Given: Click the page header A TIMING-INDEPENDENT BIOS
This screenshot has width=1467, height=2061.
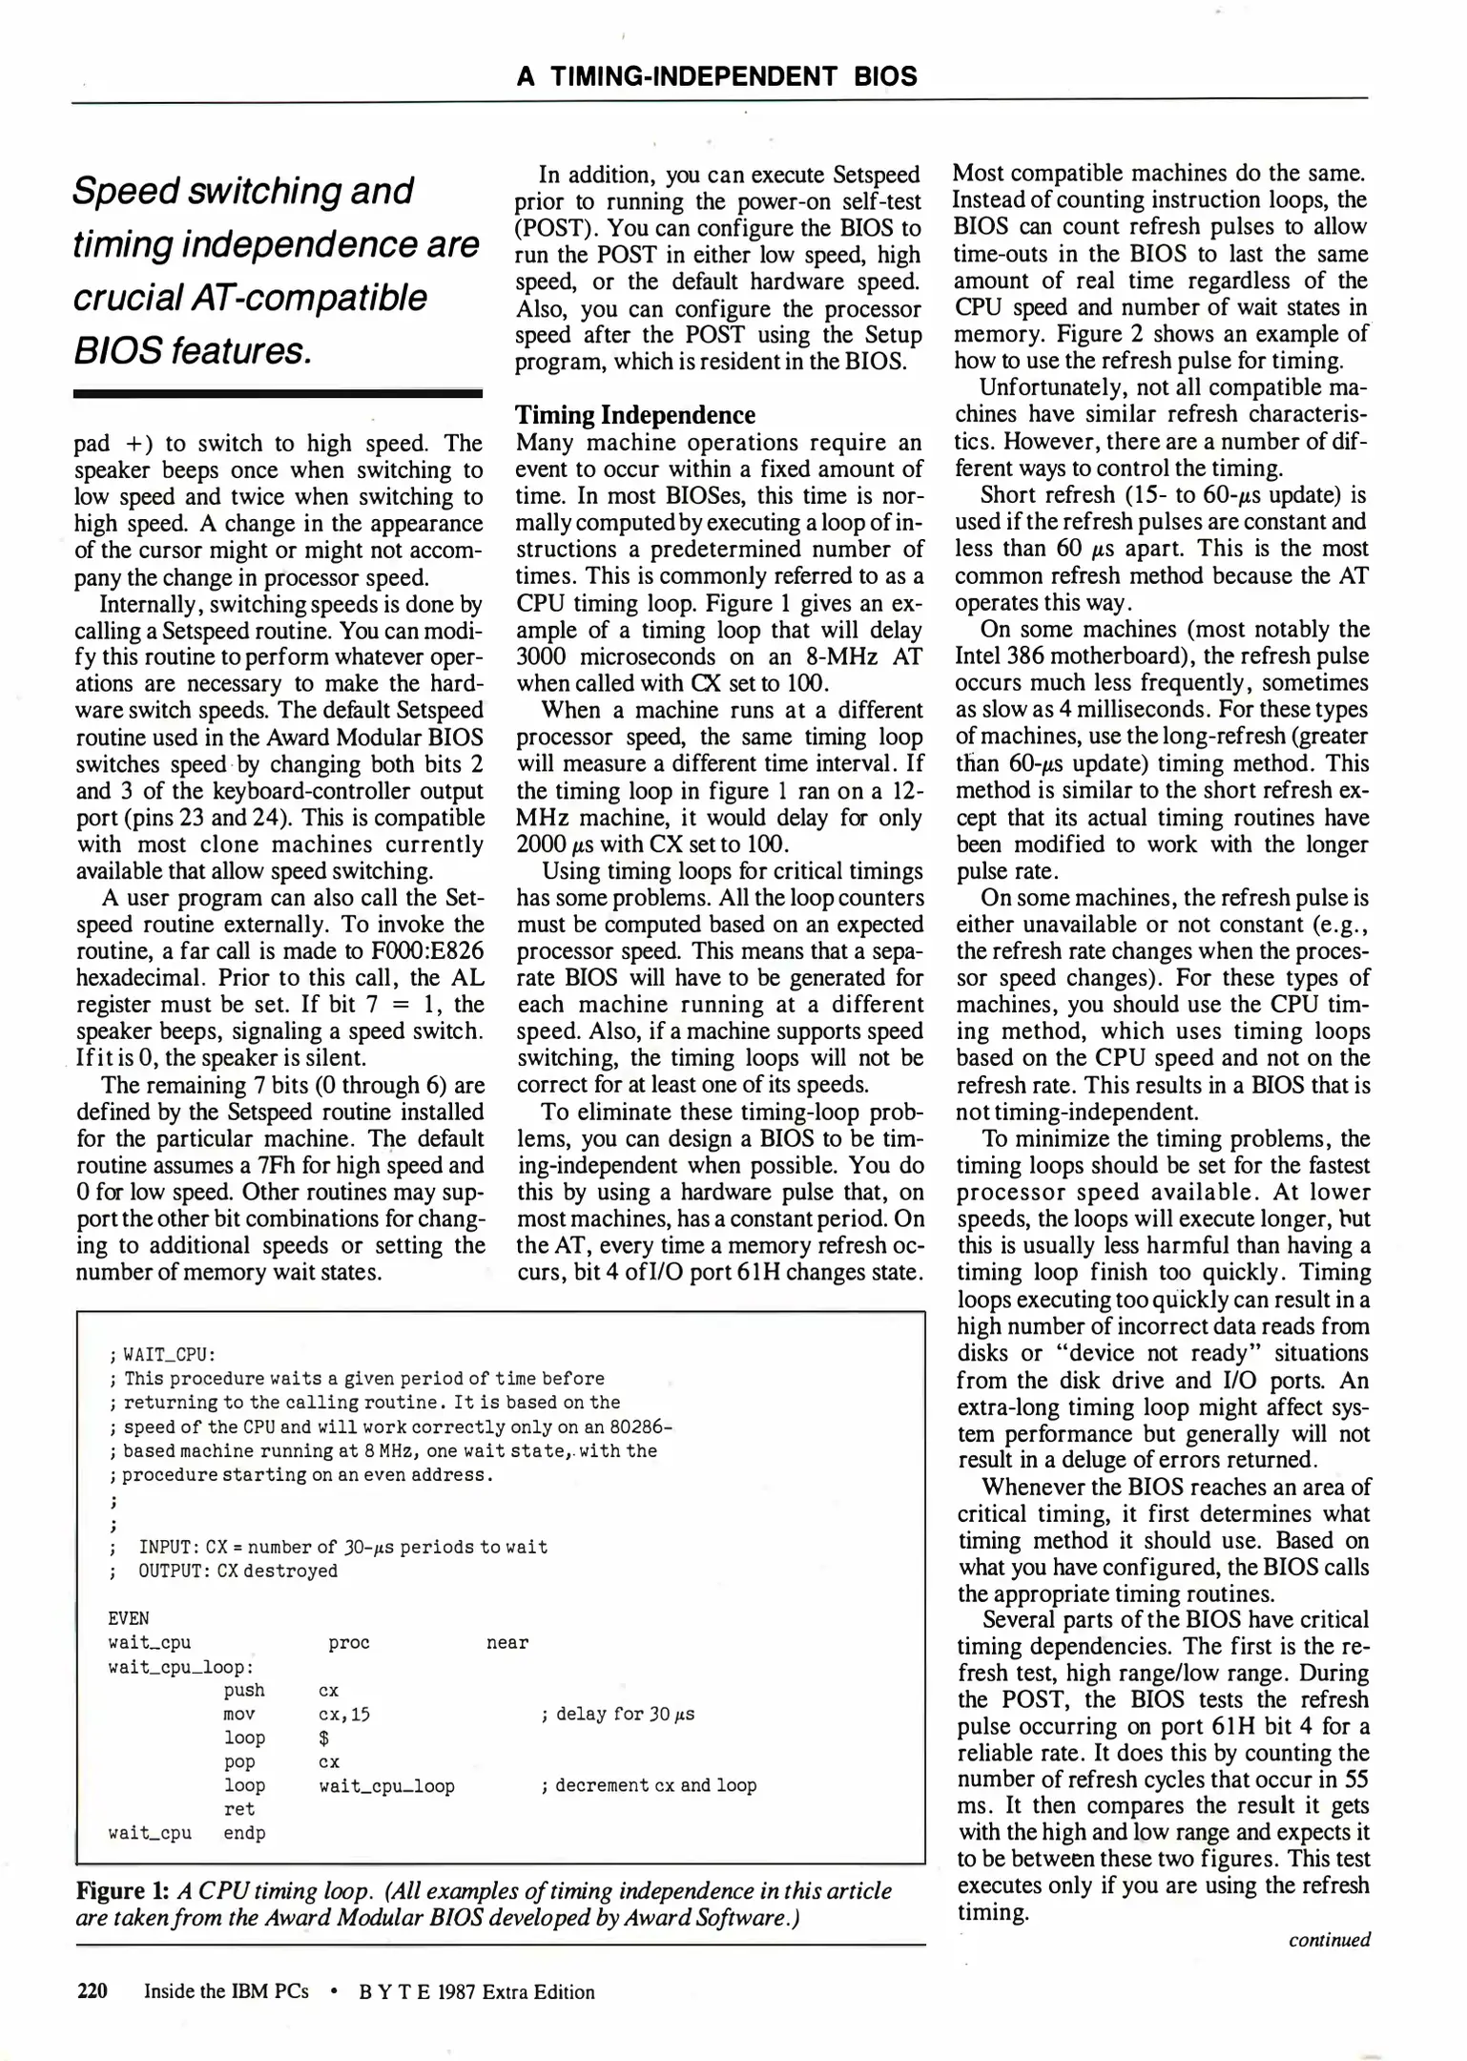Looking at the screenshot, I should [x=716, y=76].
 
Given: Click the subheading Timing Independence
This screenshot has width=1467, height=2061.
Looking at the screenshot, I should [x=634, y=415].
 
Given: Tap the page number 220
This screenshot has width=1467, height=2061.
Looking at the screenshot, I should [x=92, y=1991].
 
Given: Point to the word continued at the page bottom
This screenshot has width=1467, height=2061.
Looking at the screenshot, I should [x=1329, y=1940].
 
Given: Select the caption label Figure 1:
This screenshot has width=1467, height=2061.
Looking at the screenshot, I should [x=123, y=1891].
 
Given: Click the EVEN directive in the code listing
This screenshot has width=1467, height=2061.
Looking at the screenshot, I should [x=129, y=1618].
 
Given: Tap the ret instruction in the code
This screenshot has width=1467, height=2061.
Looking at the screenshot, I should [x=239, y=1809].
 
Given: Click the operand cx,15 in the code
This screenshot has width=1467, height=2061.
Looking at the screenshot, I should [x=343, y=1714].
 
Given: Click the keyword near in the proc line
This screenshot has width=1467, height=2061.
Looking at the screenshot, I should [x=506, y=1642].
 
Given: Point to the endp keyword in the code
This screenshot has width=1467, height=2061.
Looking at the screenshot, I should [x=244, y=1833].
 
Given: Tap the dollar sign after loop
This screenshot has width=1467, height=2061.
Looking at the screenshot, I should [x=323, y=1738].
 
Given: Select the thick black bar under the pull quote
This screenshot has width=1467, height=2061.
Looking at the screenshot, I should [x=278, y=393].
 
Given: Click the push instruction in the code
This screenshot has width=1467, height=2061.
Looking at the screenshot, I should [x=244, y=1690].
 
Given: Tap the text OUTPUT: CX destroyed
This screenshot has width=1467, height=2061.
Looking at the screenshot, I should [x=238, y=1571].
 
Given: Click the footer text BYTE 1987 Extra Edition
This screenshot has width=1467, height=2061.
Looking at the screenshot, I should [x=476, y=1992].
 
